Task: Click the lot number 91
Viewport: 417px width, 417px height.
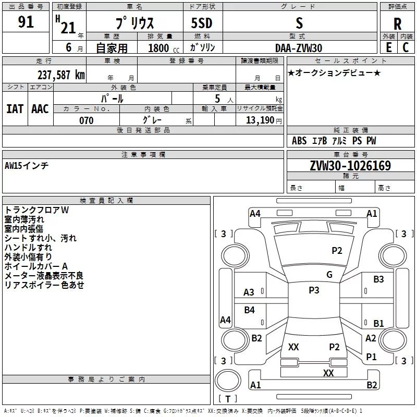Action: click(x=26, y=22)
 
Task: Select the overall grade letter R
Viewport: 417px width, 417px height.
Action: click(x=398, y=23)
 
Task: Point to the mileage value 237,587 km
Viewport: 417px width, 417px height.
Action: click(x=61, y=75)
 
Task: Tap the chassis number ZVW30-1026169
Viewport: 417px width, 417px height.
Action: click(x=350, y=166)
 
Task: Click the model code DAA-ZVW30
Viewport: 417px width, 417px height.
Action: click(x=299, y=48)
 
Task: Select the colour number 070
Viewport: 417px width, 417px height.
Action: click(x=87, y=120)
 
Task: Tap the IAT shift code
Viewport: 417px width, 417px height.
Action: click(x=15, y=109)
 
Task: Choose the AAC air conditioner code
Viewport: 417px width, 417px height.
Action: click(x=40, y=109)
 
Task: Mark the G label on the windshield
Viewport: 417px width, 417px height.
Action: click(x=329, y=275)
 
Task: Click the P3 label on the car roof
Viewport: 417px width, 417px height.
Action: click(x=314, y=290)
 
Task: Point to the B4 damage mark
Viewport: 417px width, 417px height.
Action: click(x=250, y=310)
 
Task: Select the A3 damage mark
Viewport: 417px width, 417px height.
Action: click(x=249, y=292)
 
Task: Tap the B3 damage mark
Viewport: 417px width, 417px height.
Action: click(x=378, y=279)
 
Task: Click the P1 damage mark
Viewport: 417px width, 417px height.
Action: click(x=371, y=357)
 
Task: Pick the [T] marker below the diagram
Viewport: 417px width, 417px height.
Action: click(x=227, y=399)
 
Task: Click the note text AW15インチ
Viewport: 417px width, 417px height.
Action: click(x=27, y=165)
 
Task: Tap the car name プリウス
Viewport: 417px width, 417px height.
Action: click(x=134, y=23)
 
